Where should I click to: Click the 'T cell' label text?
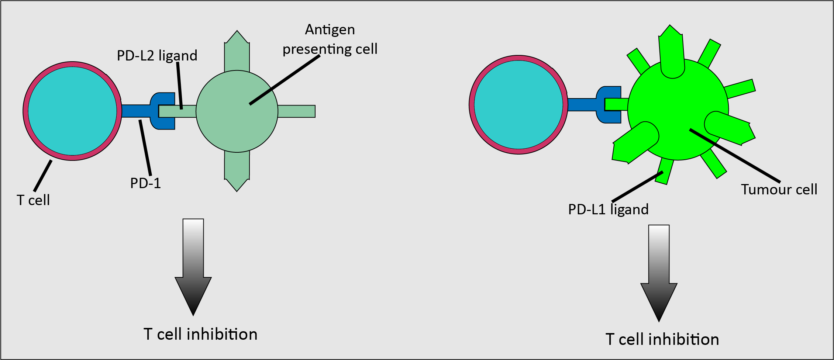(33, 200)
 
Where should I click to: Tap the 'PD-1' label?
(145, 183)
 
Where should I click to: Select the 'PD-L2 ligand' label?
(157, 56)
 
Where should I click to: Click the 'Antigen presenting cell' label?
(330, 39)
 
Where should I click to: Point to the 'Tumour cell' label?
(779, 190)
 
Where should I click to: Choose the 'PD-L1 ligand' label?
(608, 210)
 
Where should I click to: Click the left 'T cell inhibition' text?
(200, 334)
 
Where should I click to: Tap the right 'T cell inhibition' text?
(662, 339)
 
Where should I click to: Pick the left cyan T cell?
(72, 111)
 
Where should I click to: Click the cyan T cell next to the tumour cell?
(518, 105)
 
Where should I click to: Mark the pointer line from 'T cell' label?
(43, 176)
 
